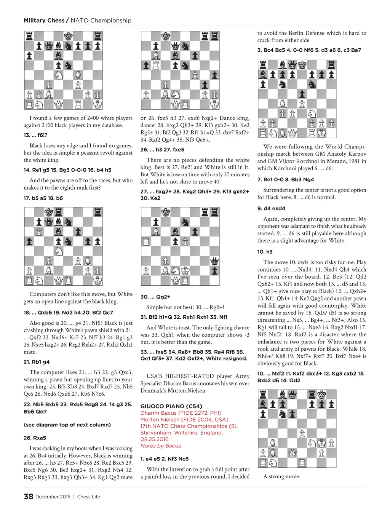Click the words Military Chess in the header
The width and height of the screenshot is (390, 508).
44,21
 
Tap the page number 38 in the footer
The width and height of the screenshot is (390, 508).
28,497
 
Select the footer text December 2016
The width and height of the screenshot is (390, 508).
53,497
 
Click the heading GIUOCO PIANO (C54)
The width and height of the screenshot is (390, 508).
171,406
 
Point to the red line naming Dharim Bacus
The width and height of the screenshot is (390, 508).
181,413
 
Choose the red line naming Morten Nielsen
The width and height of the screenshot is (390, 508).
184,420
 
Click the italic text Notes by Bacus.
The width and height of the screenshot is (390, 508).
161,446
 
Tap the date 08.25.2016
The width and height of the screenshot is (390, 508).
154,439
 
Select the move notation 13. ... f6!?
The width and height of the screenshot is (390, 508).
35,135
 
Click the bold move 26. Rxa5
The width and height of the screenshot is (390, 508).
35,438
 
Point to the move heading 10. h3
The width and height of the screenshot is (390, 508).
265,252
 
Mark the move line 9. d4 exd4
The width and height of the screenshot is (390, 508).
271,208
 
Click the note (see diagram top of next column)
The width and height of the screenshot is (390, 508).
67,425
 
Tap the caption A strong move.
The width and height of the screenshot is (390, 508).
281,476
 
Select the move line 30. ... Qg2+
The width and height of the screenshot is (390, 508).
155,297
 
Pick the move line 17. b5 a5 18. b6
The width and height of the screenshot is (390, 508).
43,198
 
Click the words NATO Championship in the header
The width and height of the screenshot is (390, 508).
101,21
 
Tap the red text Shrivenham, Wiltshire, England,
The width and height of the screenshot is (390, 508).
182,433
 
